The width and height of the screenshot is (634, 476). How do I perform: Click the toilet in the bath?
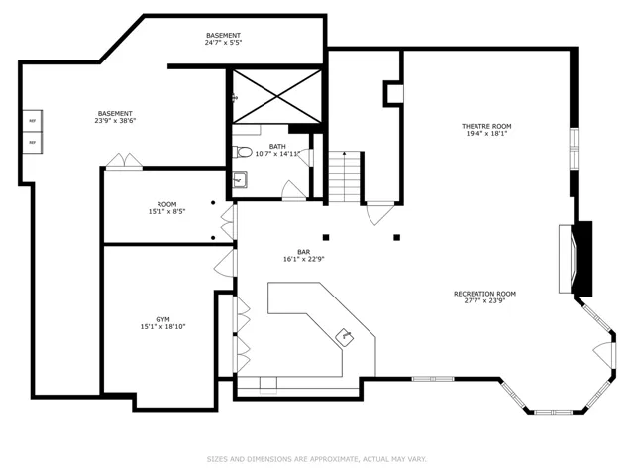pyautogui.click(x=242, y=152)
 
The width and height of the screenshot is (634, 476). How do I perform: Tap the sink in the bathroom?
pyautogui.click(x=240, y=179)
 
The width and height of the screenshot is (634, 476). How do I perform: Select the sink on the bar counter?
pyautogui.click(x=346, y=337)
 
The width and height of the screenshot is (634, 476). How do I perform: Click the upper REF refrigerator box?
pyautogui.click(x=33, y=121)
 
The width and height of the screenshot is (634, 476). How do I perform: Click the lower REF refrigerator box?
pyautogui.click(x=33, y=143)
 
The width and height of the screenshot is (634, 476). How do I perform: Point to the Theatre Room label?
pyautogui.click(x=486, y=126)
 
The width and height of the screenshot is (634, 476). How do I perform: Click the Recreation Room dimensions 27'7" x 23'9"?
pyautogui.click(x=484, y=300)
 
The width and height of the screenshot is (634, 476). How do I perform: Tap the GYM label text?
pyautogui.click(x=162, y=319)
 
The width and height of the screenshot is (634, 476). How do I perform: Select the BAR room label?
pyautogui.click(x=304, y=252)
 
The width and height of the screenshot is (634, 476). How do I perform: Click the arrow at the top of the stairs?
pyautogui.click(x=344, y=155)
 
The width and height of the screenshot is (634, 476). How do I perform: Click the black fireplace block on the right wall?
pyautogui.click(x=583, y=259)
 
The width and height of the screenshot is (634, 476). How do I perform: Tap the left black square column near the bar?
pyautogui.click(x=326, y=237)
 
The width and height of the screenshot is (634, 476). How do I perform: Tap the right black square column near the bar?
pyautogui.click(x=397, y=237)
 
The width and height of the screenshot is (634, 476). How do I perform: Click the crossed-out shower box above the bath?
pyautogui.click(x=277, y=96)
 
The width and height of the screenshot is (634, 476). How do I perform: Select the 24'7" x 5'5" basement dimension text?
pyautogui.click(x=223, y=42)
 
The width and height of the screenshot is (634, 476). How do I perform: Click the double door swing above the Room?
pyautogui.click(x=124, y=160)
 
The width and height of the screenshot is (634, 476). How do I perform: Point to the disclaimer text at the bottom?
pyautogui.click(x=317, y=459)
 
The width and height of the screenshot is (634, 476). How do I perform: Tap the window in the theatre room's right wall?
pyautogui.click(x=575, y=149)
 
